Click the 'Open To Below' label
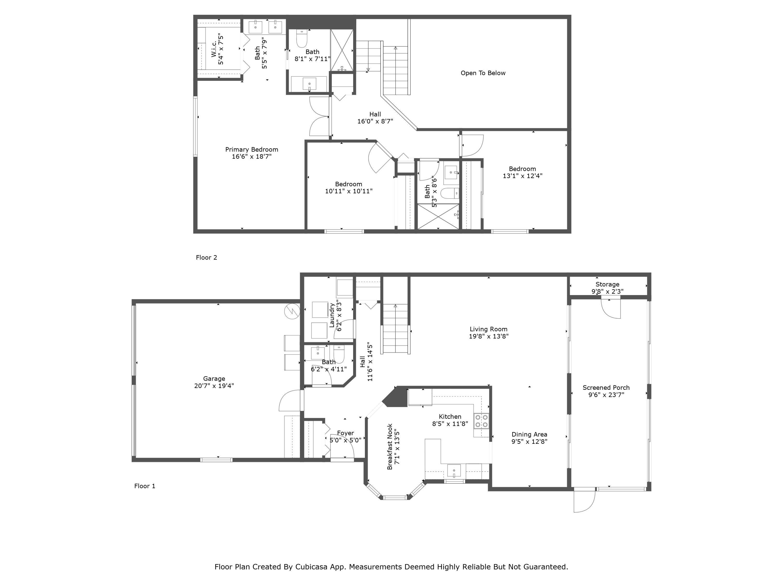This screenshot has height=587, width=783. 483,73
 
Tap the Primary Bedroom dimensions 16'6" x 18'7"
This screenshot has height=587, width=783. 252,156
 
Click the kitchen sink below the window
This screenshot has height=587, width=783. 454,471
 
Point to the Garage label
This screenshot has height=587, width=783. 214,378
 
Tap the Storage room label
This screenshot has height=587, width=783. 607,284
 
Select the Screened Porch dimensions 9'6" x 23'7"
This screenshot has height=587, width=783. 606,394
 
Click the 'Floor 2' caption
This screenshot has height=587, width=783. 206,257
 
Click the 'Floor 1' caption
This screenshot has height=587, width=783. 144,486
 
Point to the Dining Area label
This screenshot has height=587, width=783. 529,434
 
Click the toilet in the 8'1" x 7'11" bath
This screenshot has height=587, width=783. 302,39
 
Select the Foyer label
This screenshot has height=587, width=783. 345,433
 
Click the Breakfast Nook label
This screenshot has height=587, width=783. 390,447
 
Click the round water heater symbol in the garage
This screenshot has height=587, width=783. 292,311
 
